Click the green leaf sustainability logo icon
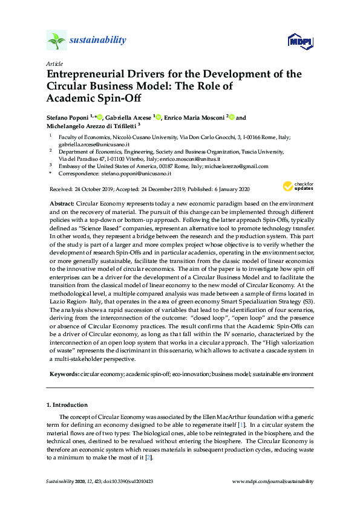[56, 41]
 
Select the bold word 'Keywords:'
[64, 375]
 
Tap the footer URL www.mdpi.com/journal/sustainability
[273, 481]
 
